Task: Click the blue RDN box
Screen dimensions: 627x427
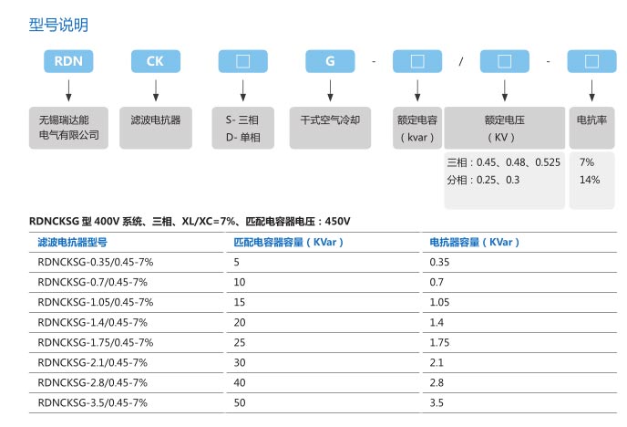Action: tap(68, 61)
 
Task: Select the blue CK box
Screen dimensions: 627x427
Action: tap(156, 61)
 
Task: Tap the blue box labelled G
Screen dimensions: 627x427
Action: tap(330, 61)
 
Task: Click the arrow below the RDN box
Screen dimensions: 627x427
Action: tap(68, 90)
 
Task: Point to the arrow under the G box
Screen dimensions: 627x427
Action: tap(330, 90)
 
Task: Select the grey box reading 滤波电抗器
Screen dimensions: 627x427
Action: tap(156, 128)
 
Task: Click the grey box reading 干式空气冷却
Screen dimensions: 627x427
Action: tap(330, 128)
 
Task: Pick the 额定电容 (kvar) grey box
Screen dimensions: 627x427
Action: tap(417, 128)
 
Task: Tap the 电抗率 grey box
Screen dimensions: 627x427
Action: tap(591, 128)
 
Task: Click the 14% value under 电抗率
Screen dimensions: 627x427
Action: tap(590, 180)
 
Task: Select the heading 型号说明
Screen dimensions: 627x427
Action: tap(58, 25)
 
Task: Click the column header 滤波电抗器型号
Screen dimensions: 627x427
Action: tap(72, 242)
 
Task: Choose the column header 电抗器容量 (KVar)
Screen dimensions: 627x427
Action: tap(474, 242)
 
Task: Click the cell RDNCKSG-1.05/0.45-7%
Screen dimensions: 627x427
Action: tap(96, 302)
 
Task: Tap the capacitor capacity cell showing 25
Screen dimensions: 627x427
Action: tap(240, 342)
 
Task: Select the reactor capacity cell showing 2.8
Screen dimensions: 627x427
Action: tap(437, 382)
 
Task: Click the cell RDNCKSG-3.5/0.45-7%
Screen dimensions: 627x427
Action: tap(92, 402)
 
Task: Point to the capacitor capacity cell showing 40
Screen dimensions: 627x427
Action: tap(240, 382)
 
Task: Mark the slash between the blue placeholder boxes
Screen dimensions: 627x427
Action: tap(461, 61)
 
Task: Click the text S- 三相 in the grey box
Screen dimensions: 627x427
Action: tap(242, 120)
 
